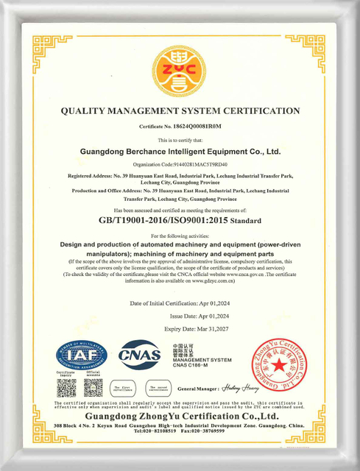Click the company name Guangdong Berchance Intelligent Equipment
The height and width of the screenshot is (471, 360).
[x=180, y=152]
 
